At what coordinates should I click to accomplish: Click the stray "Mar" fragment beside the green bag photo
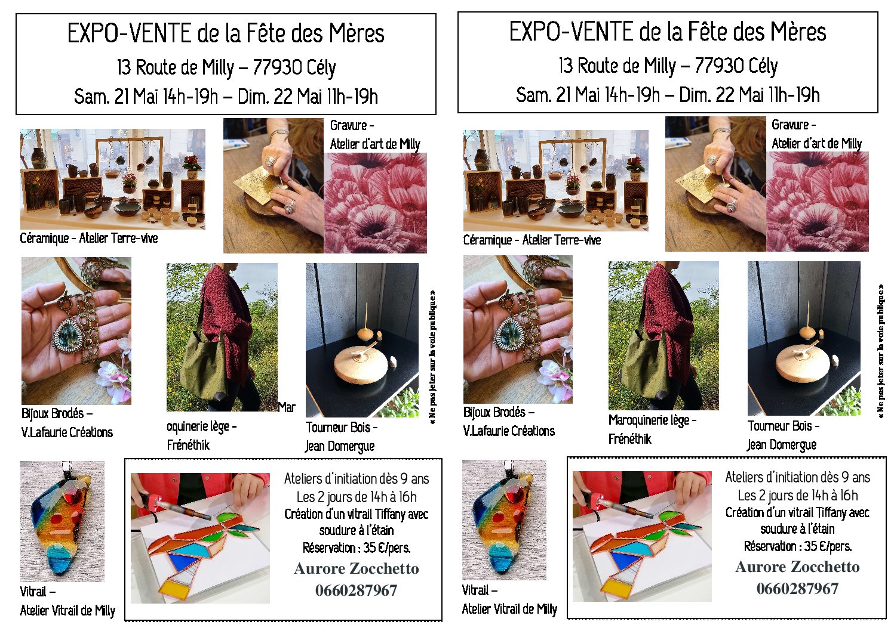(287, 407)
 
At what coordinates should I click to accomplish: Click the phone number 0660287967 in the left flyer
(356, 590)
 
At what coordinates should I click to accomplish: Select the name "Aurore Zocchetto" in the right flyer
(797, 567)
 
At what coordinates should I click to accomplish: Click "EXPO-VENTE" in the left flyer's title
(130, 33)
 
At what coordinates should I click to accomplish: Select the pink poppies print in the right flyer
(817, 202)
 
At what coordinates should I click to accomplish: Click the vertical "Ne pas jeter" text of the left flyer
(432, 357)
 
